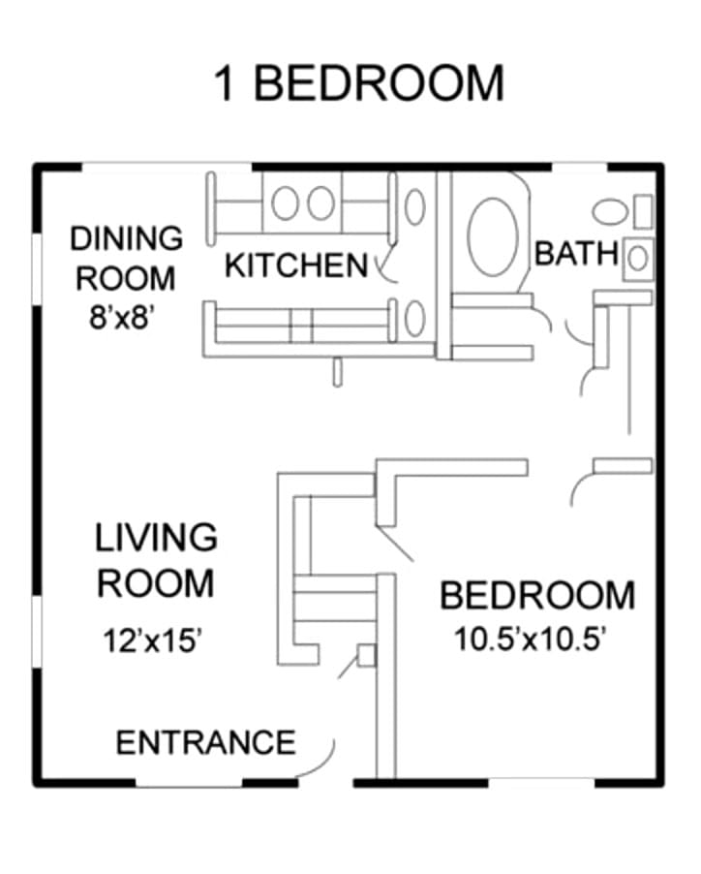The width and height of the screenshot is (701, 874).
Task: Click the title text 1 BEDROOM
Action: [x=359, y=83]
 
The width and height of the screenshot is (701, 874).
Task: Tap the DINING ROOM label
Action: [x=127, y=258]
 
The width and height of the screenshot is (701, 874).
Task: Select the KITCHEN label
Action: [x=296, y=265]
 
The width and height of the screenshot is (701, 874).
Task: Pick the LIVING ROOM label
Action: [x=156, y=560]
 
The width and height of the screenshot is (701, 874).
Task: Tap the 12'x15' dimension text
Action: [x=151, y=640]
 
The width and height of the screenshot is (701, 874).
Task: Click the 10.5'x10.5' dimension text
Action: [x=530, y=639]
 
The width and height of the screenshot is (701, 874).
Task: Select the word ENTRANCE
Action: [x=205, y=742]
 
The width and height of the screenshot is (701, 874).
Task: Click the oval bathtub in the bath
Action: [x=493, y=236]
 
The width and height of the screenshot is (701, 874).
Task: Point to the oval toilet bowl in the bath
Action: [x=610, y=212]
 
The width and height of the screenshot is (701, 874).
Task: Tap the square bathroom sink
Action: [x=638, y=259]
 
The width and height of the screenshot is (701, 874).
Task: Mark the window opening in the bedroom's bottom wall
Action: [x=542, y=782]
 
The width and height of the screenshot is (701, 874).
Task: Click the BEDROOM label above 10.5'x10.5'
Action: [x=537, y=595]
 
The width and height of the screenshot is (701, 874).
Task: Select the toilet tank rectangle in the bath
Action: [x=643, y=212]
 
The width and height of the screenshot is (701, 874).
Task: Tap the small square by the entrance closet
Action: [x=367, y=655]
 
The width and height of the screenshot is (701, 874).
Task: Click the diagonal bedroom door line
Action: [x=395, y=543]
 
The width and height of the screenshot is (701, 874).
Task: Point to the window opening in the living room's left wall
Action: [x=37, y=632]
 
